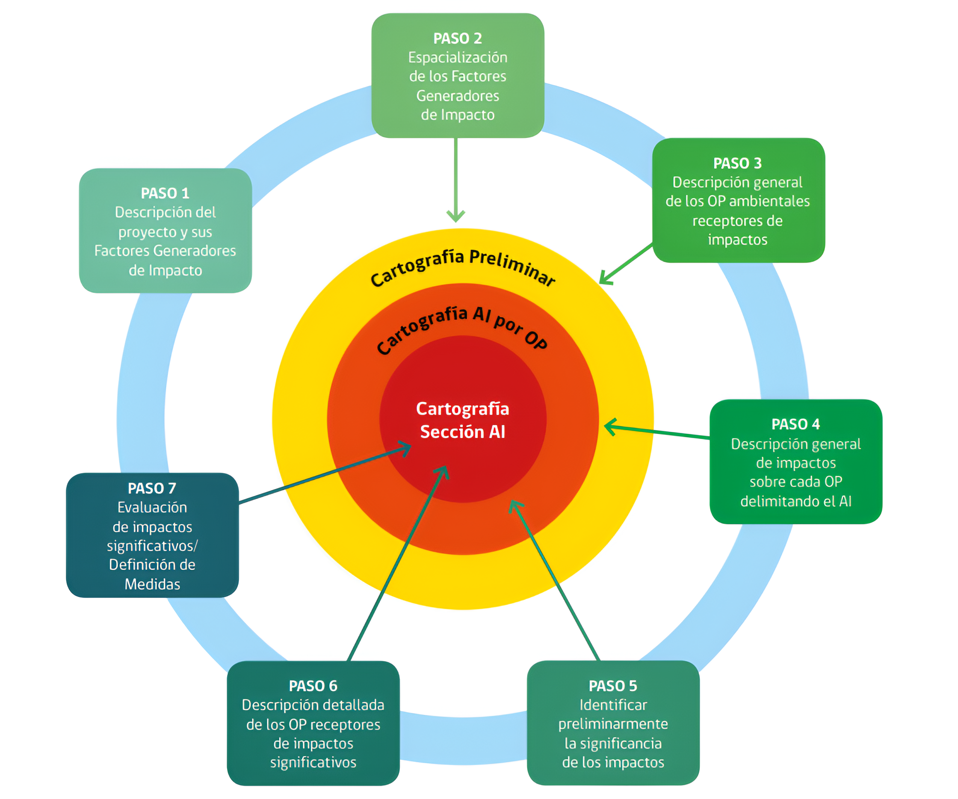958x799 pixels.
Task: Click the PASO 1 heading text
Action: [x=165, y=193]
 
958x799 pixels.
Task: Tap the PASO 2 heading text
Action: [x=458, y=38]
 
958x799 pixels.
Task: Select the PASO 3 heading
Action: [x=737, y=163]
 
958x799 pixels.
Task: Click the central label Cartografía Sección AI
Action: [x=463, y=420]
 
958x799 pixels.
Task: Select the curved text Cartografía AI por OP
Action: [x=461, y=328]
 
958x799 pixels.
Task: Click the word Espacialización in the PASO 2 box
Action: [x=458, y=57]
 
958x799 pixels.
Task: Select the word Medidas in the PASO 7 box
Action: [x=152, y=584]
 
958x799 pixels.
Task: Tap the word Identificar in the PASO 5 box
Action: [x=613, y=705]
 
